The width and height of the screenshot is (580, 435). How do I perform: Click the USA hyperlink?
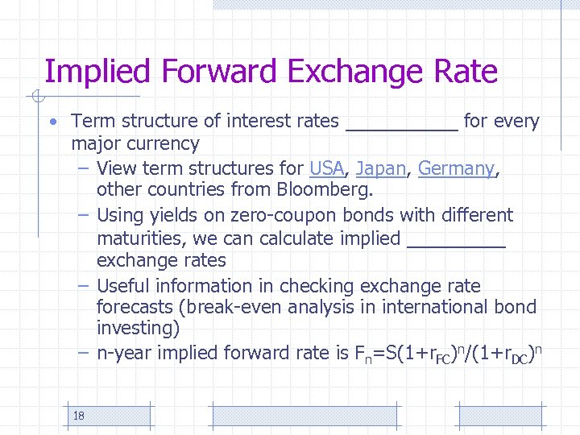[x=326, y=168]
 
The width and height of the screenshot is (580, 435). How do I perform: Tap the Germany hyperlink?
[x=456, y=168]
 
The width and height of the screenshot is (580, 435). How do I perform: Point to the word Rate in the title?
[x=466, y=72]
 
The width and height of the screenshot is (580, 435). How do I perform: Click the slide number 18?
[x=79, y=416]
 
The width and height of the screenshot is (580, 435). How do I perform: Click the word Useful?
[x=123, y=286]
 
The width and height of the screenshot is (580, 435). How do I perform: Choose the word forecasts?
[x=135, y=307]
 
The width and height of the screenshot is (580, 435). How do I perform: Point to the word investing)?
[x=138, y=329]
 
